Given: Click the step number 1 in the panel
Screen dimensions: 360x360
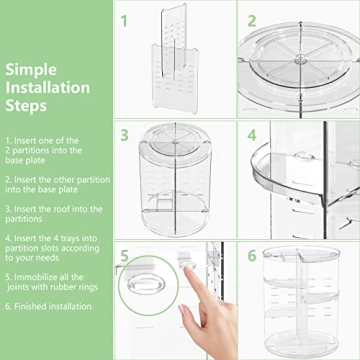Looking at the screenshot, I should (x=125, y=19).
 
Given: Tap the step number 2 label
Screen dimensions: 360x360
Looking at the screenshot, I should (x=253, y=19).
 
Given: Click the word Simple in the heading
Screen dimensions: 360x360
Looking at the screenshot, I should (x=31, y=70).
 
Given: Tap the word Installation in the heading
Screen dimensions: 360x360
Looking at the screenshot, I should (x=47, y=87).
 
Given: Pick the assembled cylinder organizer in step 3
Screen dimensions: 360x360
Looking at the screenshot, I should (x=176, y=180).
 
